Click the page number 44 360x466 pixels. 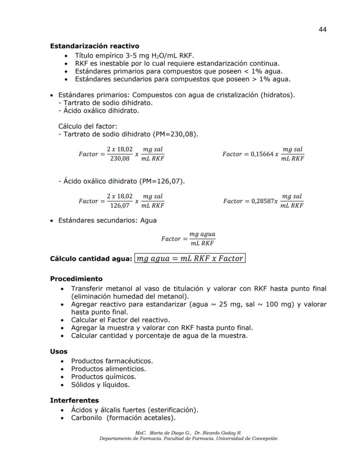[322, 29]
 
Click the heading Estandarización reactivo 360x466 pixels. [94, 46]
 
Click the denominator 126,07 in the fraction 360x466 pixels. [120, 205]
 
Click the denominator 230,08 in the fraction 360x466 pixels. [120, 158]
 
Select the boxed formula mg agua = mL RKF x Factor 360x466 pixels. [190, 258]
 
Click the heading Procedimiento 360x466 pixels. [76, 279]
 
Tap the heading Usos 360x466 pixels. [59, 351]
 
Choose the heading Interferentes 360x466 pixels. [74, 400]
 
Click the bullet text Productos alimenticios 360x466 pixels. [108, 369]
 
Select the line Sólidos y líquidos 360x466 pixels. [100, 385]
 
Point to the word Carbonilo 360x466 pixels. [86, 418]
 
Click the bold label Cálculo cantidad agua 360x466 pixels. [90, 258]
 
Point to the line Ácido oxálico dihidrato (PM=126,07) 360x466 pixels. [121, 181]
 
